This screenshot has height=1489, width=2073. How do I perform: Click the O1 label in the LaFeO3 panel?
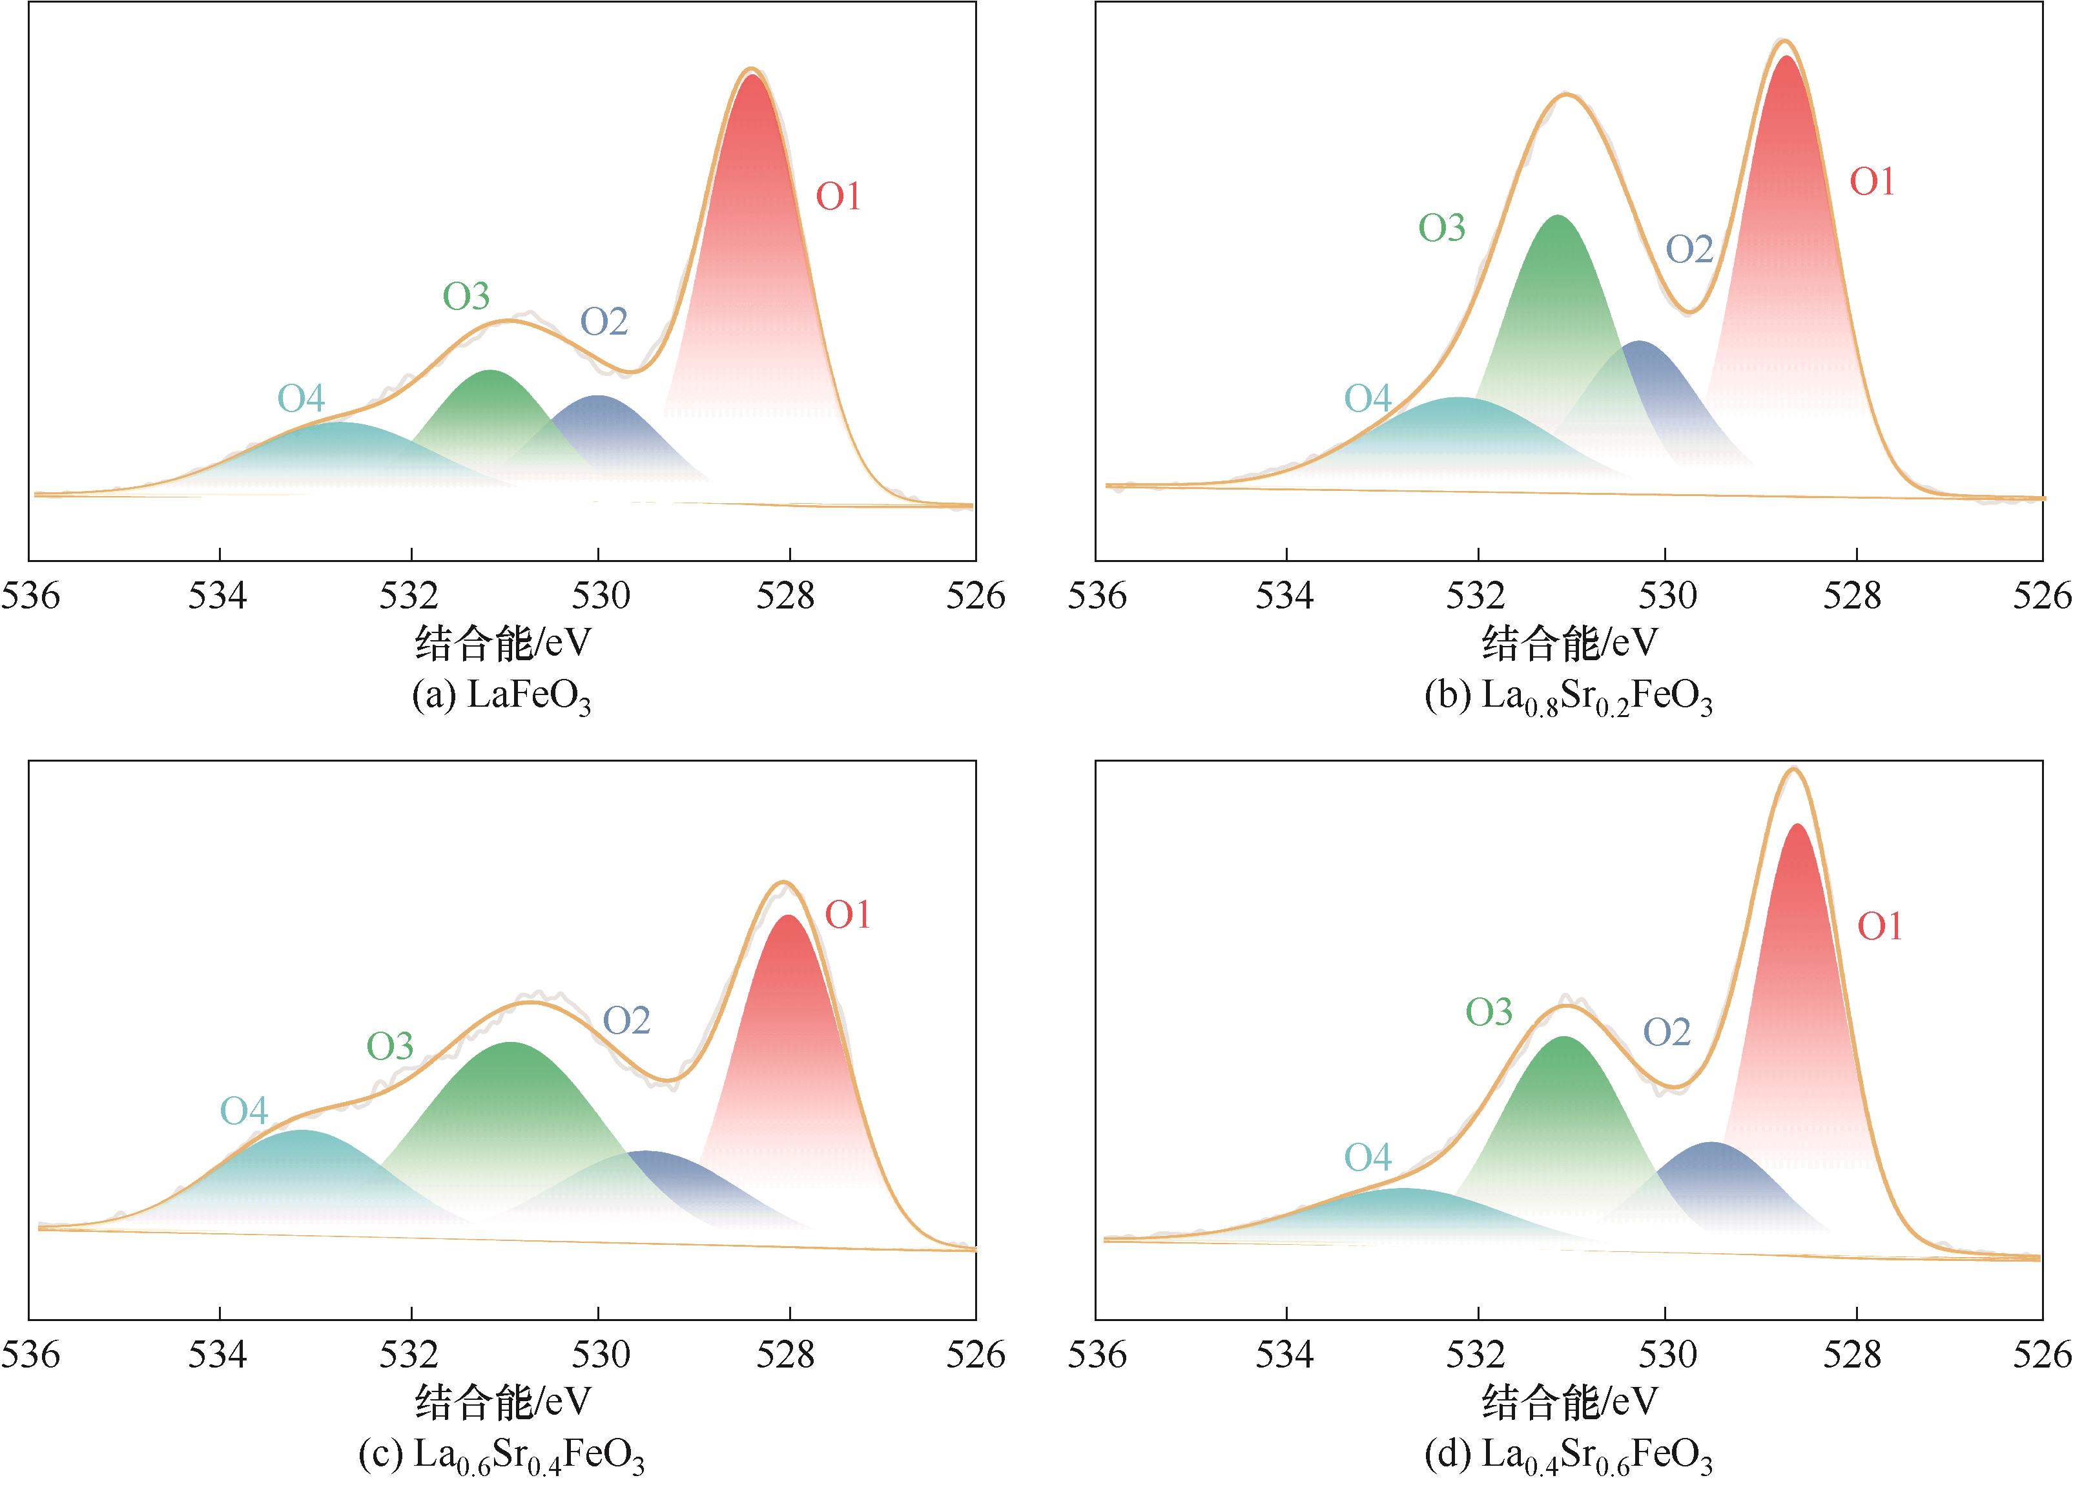click(838, 196)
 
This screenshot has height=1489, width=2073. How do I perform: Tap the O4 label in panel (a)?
click(302, 399)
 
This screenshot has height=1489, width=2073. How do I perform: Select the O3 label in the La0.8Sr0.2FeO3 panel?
click(1441, 227)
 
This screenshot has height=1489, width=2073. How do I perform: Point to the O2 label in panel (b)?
click(1689, 249)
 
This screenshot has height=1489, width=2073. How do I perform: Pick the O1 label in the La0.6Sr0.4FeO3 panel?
click(847, 915)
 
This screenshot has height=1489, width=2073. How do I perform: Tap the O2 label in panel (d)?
click(1667, 1033)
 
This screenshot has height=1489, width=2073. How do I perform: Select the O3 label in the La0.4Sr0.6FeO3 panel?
click(1489, 1012)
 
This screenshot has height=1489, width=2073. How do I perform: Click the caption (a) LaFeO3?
click(502, 698)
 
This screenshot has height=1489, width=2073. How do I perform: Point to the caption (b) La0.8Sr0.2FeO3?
click(1569, 698)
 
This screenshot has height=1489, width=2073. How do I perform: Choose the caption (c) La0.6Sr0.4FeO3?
click(502, 1455)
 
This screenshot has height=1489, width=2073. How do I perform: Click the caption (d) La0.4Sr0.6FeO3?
click(1569, 1455)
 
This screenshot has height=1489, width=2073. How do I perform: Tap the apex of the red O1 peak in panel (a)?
click(751, 75)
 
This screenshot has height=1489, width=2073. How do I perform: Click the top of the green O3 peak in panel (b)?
click(1556, 216)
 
